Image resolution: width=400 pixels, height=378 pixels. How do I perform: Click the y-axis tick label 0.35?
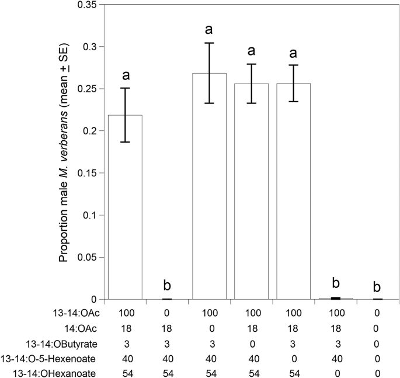[89, 5]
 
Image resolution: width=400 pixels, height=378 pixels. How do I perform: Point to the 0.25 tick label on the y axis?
[89, 89]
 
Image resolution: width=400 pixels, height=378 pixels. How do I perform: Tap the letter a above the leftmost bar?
[126, 75]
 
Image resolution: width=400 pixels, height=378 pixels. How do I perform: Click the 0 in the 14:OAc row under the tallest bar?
[209, 328]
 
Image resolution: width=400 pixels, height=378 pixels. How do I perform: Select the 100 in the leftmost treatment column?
[126, 315]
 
